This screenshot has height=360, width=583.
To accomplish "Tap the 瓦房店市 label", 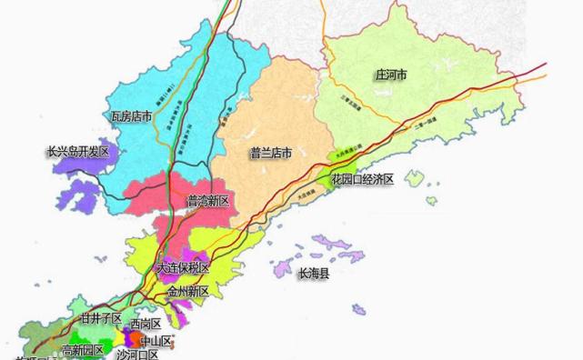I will (131, 116).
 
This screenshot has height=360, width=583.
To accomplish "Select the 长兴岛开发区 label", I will (77, 152).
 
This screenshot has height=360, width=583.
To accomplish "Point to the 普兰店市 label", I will (270, 154).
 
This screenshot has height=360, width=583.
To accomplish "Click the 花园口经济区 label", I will (362, 180).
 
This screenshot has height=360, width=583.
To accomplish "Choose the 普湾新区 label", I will (209, 199).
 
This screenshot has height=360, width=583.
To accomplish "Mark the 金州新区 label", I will (188, 292).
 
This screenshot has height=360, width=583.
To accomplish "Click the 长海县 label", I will (314, 272).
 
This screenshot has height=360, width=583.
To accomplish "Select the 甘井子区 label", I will (101, 318).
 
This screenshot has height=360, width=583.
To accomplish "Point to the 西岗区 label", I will (146, 325).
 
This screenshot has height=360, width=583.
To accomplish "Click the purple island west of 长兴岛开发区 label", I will (83, 193).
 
